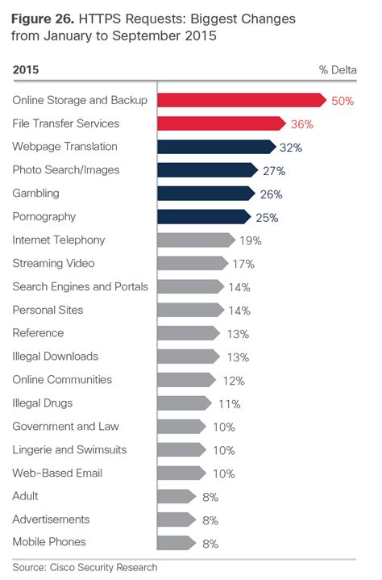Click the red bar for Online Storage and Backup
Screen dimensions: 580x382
pos(242,100)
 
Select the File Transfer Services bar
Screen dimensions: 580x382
pos(222,123)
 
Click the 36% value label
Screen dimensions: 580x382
pos(302,123)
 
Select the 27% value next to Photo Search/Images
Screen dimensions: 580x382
pos(274,170)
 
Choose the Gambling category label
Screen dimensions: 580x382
pos(35,194)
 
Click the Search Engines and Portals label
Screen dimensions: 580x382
pos(81,286)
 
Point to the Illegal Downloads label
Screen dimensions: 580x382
pos(56,356)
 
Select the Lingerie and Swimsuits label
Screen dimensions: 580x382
pos(70,449)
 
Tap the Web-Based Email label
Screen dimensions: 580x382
pos(57,473)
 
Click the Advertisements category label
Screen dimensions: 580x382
pos(52,519)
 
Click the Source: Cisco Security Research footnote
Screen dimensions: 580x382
pos(85,567)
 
